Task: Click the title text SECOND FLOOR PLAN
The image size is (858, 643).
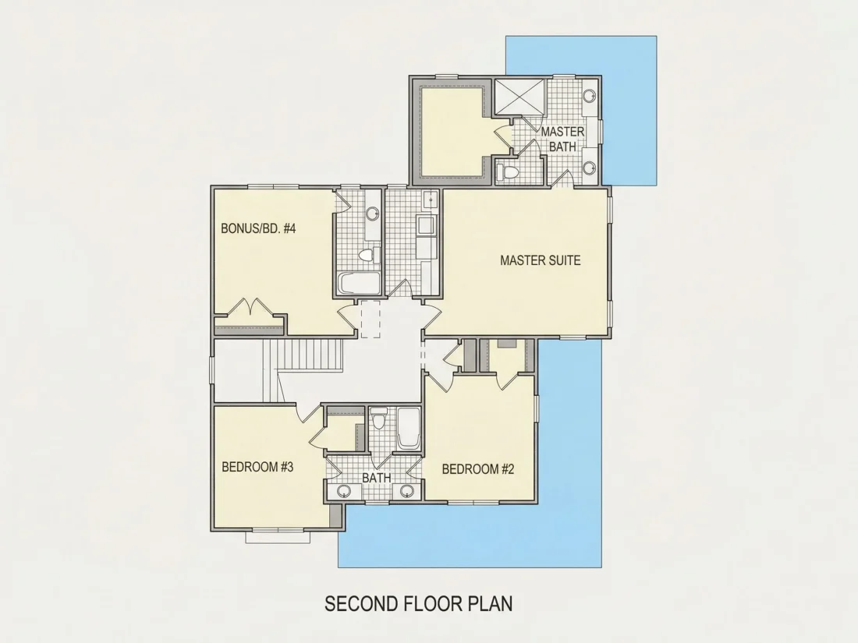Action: [x=419, y=603]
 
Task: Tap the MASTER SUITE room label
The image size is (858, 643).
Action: [x=540, y=260]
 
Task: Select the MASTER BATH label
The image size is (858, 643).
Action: [x=562, y=140]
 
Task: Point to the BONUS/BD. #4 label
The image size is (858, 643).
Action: [x=258, y=228]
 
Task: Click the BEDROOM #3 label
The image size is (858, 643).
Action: [x=257, y=467]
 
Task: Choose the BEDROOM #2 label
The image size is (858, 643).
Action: [x=478, y=469]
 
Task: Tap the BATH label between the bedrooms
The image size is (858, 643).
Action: [x=377, y=477]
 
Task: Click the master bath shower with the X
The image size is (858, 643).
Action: [x=519, y=97]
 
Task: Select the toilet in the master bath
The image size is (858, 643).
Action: [x=507, y=171]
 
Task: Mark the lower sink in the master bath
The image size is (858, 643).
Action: [x=590, y=168]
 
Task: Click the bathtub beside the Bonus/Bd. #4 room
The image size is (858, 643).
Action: [x=359, y=284]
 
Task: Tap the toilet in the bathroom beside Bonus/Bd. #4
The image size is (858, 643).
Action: [x=370, y=255]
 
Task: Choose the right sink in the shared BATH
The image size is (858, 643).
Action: [x=406, y=491]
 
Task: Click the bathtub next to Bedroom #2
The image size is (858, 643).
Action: [x=408, y=428]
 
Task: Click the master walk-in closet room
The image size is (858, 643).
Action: [x=451, y=131]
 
